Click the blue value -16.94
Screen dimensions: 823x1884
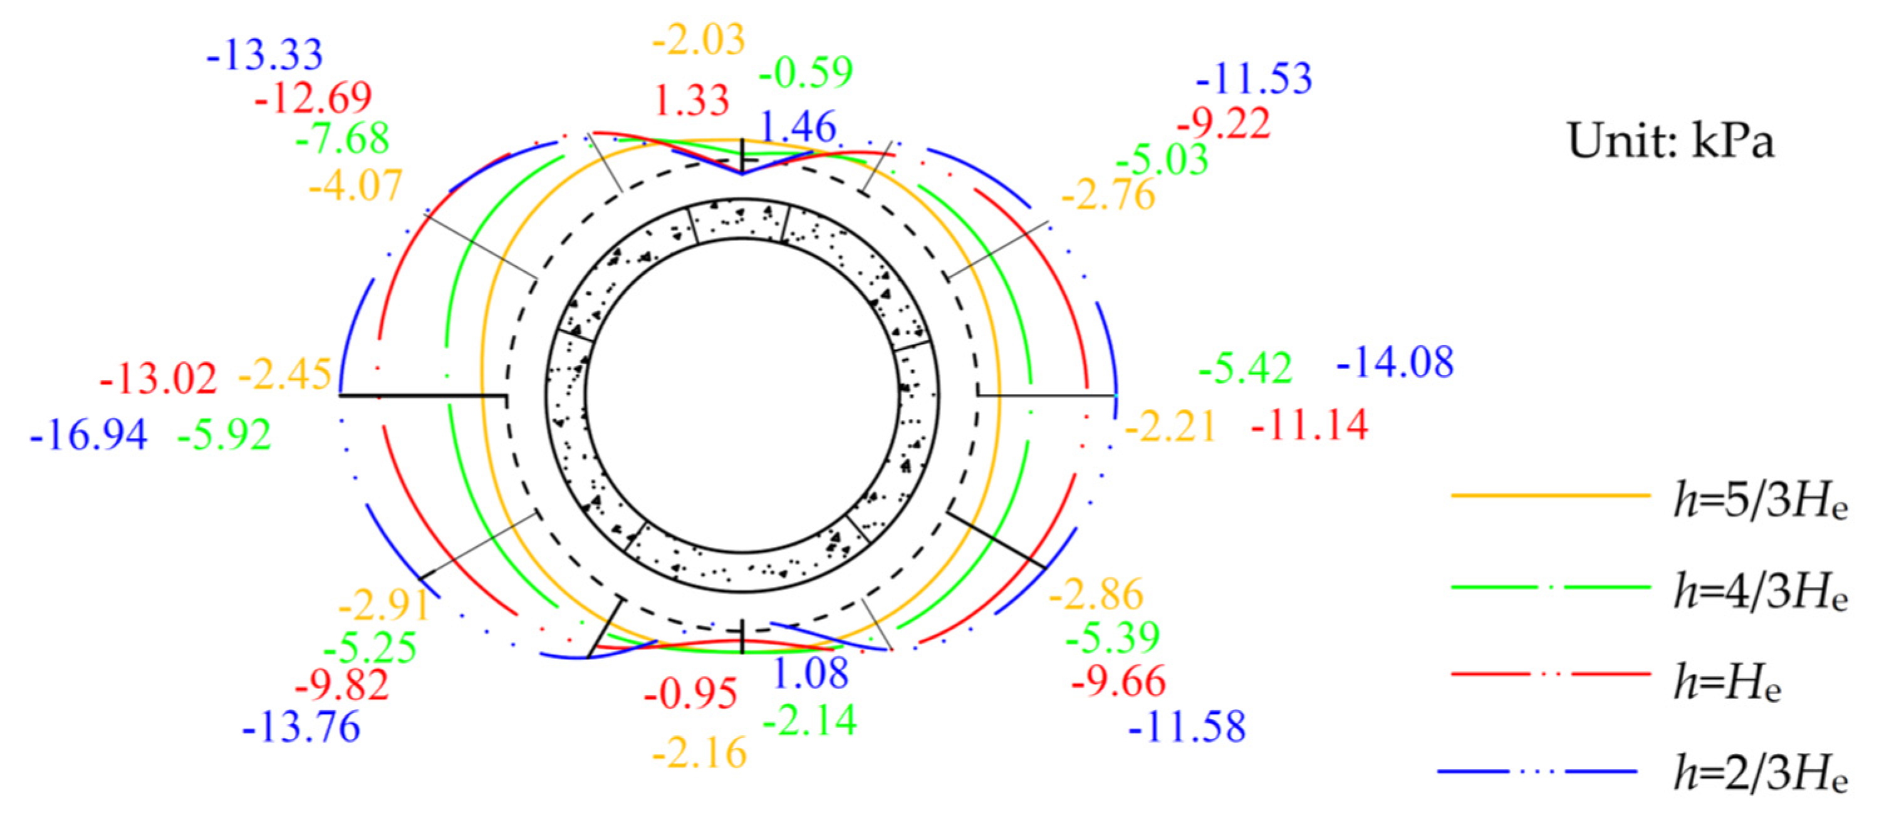88,434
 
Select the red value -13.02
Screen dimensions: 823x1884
158,378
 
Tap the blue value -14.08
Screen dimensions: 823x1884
1395,363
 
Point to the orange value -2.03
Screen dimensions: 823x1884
699,39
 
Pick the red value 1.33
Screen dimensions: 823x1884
691,100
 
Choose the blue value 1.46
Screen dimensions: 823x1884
798,127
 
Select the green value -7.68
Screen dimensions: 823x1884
342,139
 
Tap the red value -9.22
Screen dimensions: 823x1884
1224,123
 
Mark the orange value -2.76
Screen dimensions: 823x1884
1108,194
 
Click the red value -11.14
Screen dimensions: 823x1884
1309,425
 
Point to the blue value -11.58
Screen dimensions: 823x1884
1187,727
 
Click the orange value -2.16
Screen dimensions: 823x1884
699,753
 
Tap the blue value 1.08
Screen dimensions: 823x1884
809,673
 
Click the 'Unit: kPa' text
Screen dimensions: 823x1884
1670,140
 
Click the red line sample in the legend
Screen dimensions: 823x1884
1551,673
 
